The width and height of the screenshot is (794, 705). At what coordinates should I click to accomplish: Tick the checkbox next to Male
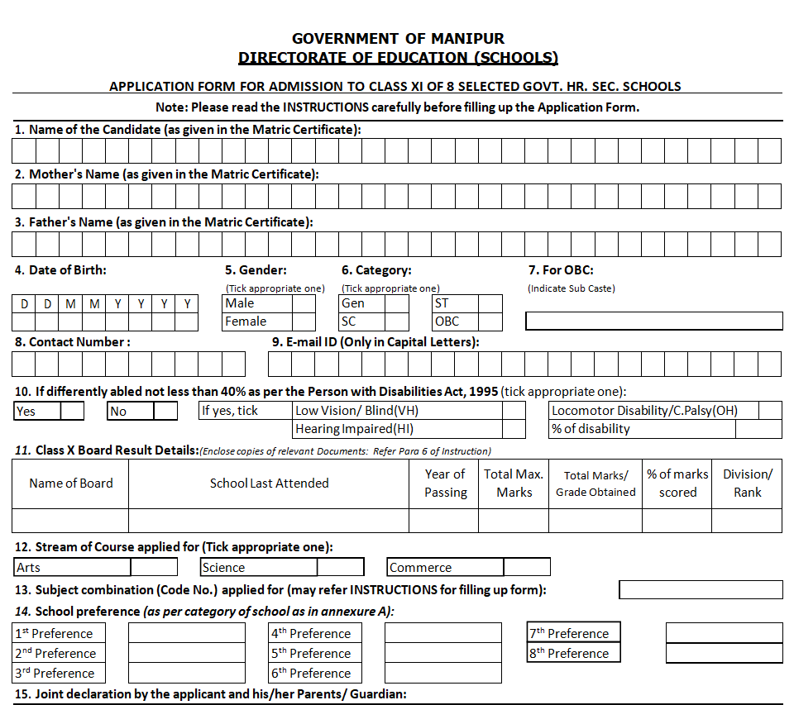304,303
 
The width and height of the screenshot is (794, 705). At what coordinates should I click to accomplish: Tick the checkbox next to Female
304,322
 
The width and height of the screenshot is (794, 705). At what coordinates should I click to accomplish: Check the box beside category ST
490,303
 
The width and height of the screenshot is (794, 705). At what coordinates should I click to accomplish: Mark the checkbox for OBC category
490,322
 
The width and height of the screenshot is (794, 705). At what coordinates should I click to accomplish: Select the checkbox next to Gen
397,303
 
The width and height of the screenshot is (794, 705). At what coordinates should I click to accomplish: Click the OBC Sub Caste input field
654,321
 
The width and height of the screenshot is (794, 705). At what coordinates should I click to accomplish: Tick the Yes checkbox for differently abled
73,411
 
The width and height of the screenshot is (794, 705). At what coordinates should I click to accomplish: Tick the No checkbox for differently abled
166,411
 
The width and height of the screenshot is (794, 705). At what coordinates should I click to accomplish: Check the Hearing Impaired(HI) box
514,429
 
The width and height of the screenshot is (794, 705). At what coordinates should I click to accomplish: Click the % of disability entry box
758,429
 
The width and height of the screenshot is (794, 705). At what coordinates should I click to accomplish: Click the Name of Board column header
71,483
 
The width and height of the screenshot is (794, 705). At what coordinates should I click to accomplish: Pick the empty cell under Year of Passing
444,520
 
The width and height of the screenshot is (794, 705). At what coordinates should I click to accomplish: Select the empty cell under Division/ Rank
747,520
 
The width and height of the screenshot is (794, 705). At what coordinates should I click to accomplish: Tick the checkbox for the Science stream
341,567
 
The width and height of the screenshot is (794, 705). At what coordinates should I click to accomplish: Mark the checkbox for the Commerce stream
527,567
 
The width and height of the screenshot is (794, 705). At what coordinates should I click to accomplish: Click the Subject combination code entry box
701,589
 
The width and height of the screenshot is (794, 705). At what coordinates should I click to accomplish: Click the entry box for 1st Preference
187,633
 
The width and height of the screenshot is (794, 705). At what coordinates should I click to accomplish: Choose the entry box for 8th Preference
724,653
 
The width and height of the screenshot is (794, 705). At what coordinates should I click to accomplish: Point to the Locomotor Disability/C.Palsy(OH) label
644,411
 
